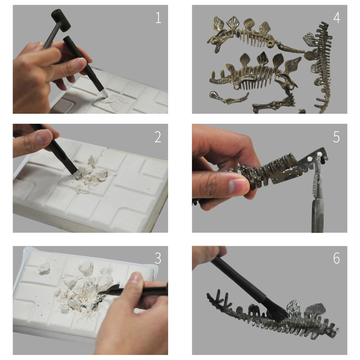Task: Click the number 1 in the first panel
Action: point(158,18)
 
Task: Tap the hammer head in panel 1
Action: point(61,20)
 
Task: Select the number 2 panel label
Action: point(158,137)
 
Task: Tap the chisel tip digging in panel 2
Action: point(78,176)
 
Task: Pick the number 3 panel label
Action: point(158,258)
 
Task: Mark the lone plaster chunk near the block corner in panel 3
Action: point(45,267)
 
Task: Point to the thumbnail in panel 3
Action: point(135,278)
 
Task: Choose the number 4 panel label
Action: point(336,18)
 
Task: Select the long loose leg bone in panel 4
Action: point(229,98)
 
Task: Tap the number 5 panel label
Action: point(336,137)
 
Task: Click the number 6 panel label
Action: point(336,258)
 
